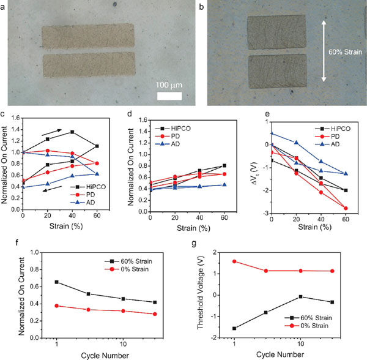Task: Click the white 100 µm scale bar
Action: point(169,96)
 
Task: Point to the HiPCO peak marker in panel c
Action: point(72,132)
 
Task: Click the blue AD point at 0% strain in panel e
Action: point(272,133)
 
